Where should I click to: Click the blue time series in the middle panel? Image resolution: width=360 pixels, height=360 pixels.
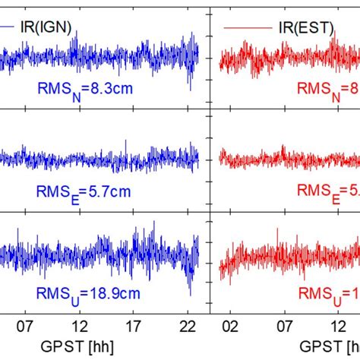99,159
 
